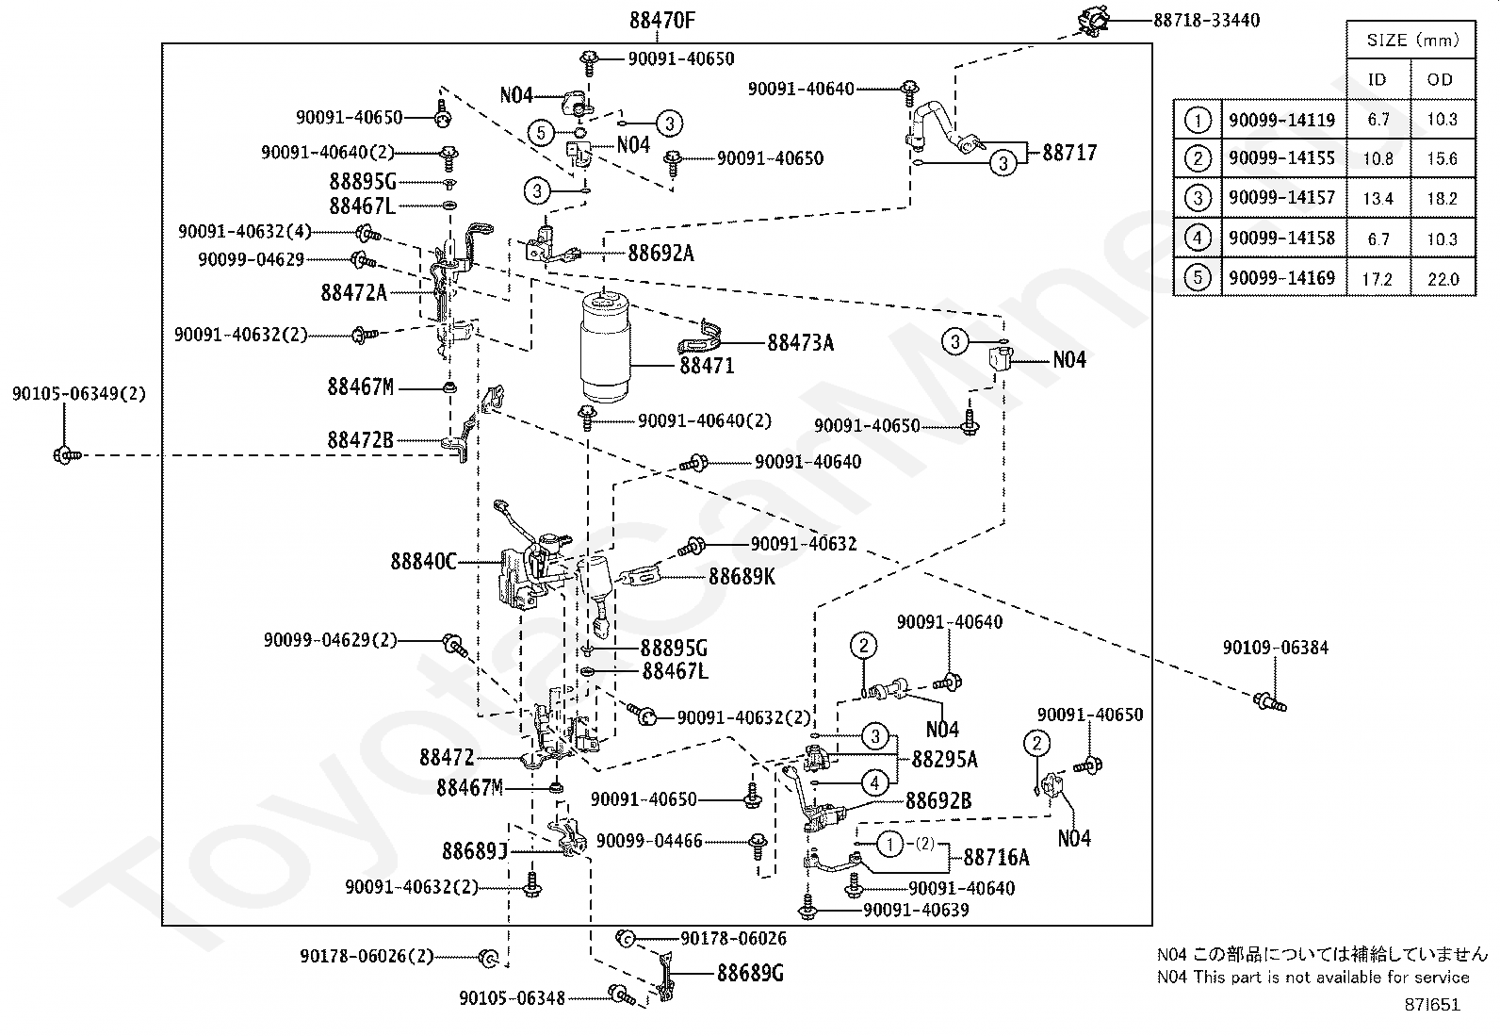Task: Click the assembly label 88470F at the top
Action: pyautogui.click(x=661, y=21)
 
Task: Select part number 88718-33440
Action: pyautogui.click(x=1206, y=21)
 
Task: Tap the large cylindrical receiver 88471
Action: pyautogui.click(x=605, y=346)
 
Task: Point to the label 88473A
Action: pyautogui.click(x=800, y=343)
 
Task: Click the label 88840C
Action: pyautogui.click(x=423, y=561)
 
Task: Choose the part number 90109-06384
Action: pyautogui.click(x=1276, y=648)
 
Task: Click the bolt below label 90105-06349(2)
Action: pyautogui.click(x=67, y=455)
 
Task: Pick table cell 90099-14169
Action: pyautogui.click(x=1281, y=278)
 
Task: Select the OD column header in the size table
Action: pyautogui.click(x=1440, y=80)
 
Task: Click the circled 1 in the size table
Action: pyautogui.click(x=1198, y=120)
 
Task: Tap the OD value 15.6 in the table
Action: pyautogui.click(x=1442, y=158)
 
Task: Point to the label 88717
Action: pyautogui.click(x=1069, y=153)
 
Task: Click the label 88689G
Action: pyautogui.click(x=750, y=973)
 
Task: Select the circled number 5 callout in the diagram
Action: pyautogui.click(x=541, y=133)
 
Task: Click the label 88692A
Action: pyautogui.click(x=660, y=254)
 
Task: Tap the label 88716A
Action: pyautogui.click(x=996, y=857)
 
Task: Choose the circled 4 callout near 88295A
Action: pyautogui.click(x=874, y=782)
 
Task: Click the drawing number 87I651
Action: pyautogui.click(x=1432, y=1005)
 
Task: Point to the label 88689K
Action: pyautogui.click(x=742, y=576)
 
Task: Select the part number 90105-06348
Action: pyautogui.click(x=513, y=998)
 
